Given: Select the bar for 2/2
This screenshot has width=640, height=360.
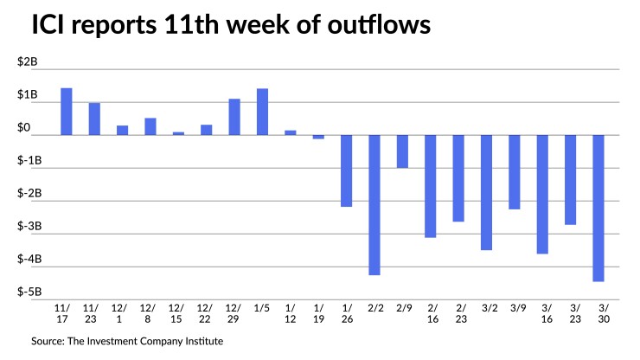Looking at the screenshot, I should click(x=374, y=204).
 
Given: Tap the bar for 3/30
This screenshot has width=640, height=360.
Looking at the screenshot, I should click(x=598, y=208).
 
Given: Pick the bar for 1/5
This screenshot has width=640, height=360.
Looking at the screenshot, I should click(x=262, y=112).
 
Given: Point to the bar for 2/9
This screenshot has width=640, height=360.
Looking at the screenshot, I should click(x=402, y=151).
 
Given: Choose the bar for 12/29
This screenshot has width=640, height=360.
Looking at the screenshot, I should click(x=234, y=117).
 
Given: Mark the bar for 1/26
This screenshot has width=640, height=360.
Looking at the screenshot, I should click(x=346, y=170).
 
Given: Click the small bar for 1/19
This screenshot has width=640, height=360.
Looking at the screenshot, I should click(x=318, y=137).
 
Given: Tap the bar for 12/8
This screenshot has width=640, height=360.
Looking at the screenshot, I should click(x=150, y=126).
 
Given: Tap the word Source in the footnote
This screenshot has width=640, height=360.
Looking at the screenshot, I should click(x=49, y=342).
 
